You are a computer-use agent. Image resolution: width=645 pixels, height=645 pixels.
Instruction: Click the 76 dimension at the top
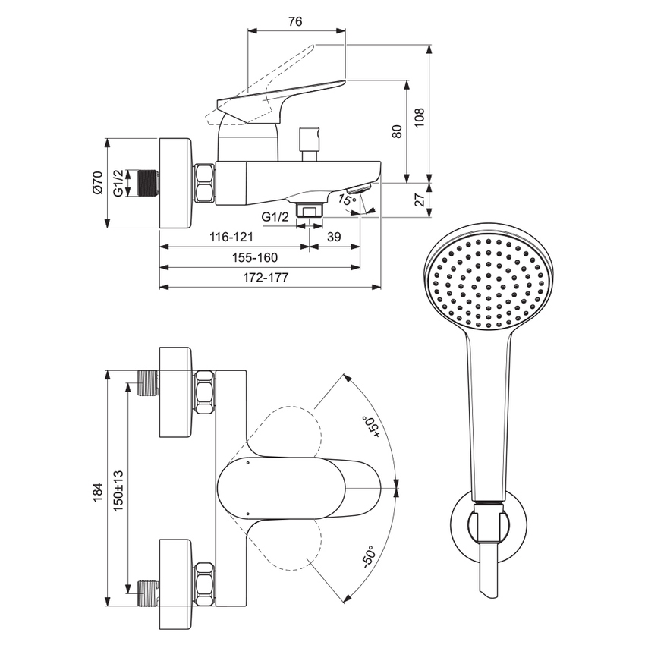(296, 21)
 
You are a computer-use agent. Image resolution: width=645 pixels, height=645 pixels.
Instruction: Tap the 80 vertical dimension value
(396, 131)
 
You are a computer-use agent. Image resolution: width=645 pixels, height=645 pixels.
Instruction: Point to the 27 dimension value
(419, 200)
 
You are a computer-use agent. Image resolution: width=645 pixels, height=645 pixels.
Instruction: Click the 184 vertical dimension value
(97, 493)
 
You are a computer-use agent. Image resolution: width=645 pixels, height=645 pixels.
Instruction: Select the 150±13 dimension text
(118, 493)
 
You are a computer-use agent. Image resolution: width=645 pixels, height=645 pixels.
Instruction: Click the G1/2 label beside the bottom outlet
(275, 217)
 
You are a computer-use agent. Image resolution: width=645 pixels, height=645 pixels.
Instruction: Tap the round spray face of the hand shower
(489, 281)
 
